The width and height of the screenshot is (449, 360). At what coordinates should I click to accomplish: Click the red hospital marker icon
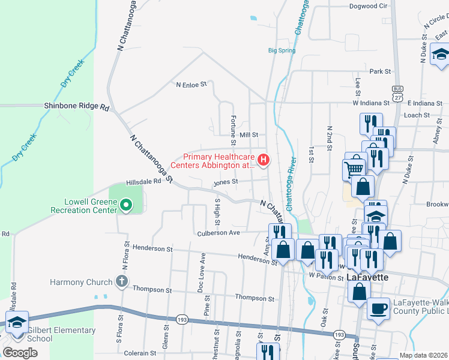click(x=262, y=160)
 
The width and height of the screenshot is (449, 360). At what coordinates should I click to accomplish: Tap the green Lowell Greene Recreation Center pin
click(x=125, y=206)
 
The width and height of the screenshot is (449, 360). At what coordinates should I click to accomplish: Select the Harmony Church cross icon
click(x=121, y=281)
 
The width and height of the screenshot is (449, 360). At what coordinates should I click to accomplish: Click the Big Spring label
click(x=282, y=50)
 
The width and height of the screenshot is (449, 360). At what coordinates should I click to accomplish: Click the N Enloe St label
click(x=191, y=85)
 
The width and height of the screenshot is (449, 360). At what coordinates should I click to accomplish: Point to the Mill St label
click(x=248, y=136)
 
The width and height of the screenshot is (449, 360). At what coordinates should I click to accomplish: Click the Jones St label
click(x=226, y=181)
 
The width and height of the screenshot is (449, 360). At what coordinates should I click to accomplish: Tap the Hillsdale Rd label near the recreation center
click(x=144, y=181)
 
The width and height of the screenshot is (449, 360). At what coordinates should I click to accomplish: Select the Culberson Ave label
click(x=218, y=233)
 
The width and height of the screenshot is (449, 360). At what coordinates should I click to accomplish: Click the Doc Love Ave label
click(x=202, y=272)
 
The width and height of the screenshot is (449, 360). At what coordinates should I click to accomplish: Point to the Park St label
click(x=380, y=71)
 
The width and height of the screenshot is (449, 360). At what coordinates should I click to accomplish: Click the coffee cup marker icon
click(x=378, y=308)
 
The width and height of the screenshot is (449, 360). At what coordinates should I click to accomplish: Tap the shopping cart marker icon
click(x=355, y=168)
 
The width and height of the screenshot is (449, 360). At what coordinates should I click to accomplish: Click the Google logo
click(x=20, y=353)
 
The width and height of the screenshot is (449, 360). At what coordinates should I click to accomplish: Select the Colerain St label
click(x=140, y=353)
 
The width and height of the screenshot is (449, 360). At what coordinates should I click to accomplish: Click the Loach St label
click(x=417, y=115)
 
